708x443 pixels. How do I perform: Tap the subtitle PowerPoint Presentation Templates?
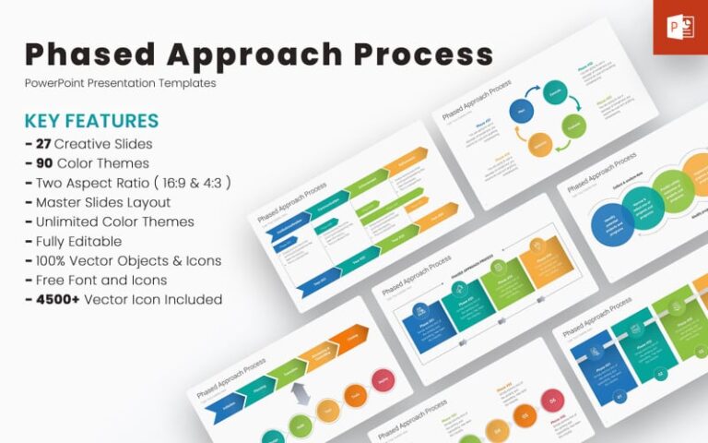[x=120, y=83]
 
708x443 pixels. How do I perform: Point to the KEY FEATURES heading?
[x=91, y=121]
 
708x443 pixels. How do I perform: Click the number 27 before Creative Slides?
[x=41, y=144]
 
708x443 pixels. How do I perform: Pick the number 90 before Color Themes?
[x=42, y=163]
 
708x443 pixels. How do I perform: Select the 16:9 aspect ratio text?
[x=179, y=183]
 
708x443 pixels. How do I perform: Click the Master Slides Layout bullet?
[x=97, y=202]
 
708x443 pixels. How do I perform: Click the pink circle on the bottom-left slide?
[x=383, y=378]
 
